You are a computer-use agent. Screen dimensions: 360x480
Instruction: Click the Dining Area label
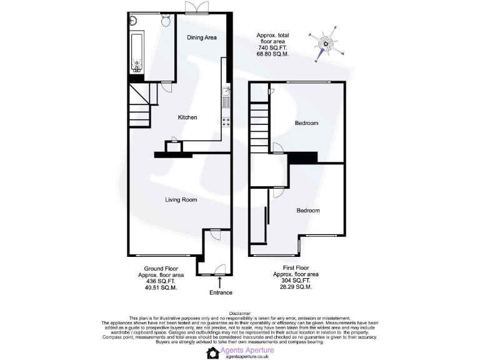pos(202,38)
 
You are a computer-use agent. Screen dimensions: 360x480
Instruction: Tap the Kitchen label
pos(187,117)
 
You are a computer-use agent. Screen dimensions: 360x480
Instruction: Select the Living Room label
pos(181,200)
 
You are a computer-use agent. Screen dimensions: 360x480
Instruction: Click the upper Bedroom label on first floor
pos(307,123)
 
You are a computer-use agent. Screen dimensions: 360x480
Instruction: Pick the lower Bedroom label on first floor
pos(308,211)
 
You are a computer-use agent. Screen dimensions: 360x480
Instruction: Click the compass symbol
pos(325,42)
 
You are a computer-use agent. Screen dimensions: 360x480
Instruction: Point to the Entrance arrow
pos(219,283)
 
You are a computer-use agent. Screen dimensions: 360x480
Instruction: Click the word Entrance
pos(220,292)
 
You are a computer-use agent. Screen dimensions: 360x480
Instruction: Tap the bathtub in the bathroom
pos(137,53)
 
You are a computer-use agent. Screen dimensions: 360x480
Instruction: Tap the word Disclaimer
pos(240,313)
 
